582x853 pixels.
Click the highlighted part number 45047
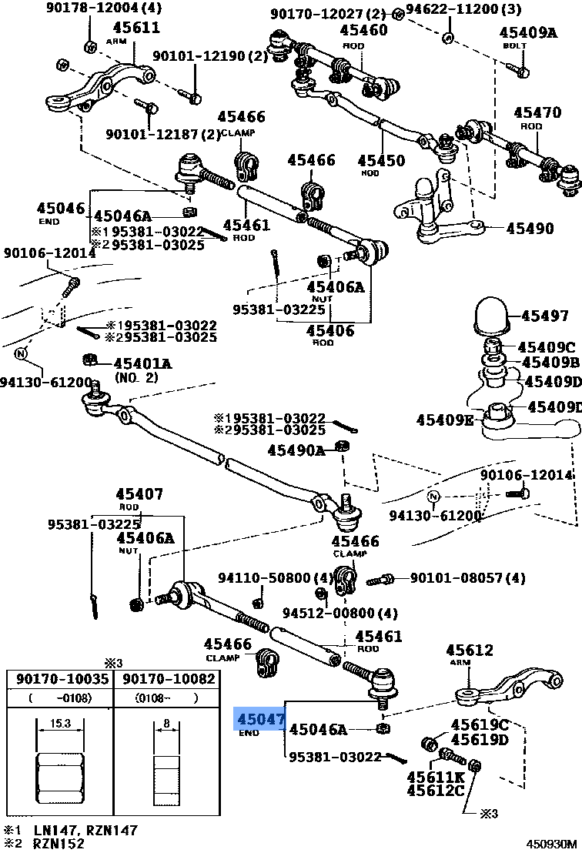tap(260, 719)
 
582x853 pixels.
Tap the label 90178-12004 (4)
tap(104, 9)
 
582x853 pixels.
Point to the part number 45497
tap(544, 316)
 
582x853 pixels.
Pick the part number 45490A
tap(296, 450)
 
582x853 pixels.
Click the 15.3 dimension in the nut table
tap(59, 723)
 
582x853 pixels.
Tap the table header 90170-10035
tap(59, 679)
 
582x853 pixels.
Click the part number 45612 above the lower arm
tap(469, 651)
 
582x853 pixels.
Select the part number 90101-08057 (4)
tap(467, 577)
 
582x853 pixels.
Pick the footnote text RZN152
tap(58, 843)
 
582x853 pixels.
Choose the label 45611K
tap(436, 777)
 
